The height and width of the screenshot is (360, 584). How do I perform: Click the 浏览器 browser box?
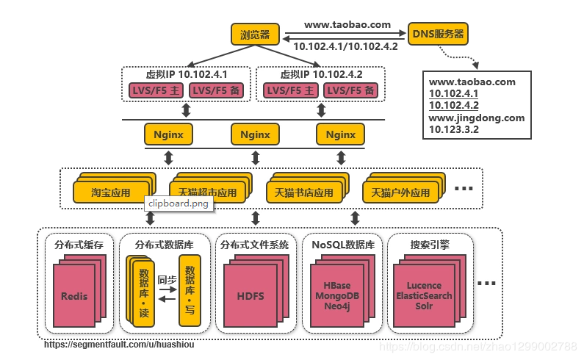254,34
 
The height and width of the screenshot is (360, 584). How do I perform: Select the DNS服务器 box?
438,34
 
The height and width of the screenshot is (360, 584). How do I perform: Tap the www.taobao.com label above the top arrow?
347,24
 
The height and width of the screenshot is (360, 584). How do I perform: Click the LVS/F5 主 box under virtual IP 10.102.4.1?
150,90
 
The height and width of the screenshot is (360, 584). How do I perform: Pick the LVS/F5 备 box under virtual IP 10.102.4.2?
350,90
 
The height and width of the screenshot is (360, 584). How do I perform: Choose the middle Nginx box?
255,134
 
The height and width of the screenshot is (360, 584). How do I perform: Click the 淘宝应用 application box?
111,193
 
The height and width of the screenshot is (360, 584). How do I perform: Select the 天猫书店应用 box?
303,193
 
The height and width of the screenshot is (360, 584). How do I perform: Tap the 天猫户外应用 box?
400,193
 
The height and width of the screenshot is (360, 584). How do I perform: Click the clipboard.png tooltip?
179,204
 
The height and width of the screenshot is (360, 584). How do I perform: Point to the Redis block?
74,296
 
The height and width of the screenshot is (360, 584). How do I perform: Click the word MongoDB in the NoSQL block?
337,295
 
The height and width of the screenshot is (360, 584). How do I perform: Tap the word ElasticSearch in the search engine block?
424,295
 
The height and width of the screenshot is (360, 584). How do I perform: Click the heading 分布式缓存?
79,244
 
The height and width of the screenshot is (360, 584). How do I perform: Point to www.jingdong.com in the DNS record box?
476,118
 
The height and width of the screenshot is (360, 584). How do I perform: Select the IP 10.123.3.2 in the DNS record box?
454,129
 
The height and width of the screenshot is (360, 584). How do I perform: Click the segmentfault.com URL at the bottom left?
119,344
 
